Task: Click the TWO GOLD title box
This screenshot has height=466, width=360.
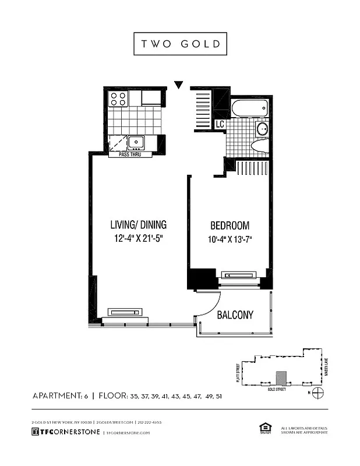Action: click(x=180, y=44)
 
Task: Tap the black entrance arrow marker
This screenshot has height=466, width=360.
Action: click(x=179, y=85)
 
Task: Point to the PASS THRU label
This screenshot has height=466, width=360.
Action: click(x=130, y=154)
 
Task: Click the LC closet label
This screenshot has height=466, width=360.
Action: click(x=220, y=124)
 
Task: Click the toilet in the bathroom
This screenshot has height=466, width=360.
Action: click(x=259, y=146)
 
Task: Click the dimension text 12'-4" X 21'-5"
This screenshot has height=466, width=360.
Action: click(x=139, y=239)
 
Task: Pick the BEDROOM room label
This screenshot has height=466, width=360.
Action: click(x=230, y=225)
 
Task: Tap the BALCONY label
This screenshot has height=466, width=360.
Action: click(x=235, y=315)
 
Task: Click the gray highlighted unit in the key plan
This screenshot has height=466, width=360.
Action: click(x=281, y=378)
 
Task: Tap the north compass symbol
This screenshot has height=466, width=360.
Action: click(x=317, y=392)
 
